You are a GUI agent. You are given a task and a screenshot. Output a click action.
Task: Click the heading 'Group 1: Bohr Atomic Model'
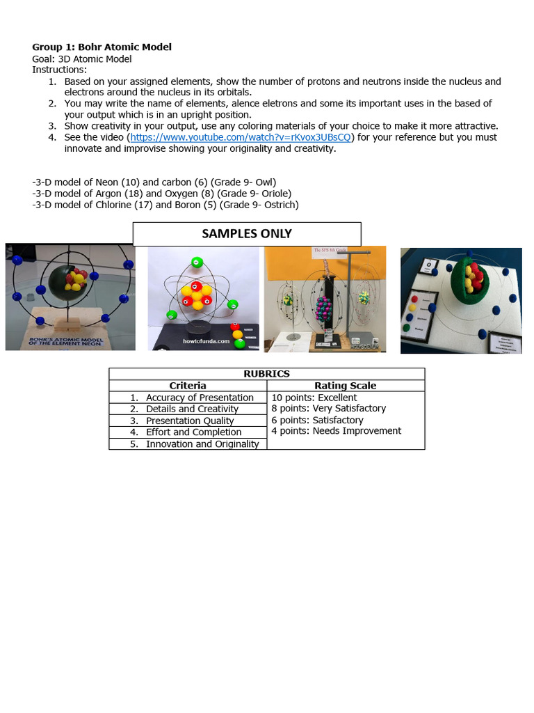coord(102,47)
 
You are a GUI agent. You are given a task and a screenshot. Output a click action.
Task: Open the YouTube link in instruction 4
coord(241,137)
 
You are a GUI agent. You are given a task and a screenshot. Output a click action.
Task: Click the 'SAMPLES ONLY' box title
coord(247,234)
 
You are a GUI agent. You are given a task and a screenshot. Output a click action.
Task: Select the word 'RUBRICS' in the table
coord(266,374)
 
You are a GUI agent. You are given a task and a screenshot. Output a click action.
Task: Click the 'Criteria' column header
coord(188,386)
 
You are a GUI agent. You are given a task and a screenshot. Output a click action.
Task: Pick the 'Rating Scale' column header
coord(346,386)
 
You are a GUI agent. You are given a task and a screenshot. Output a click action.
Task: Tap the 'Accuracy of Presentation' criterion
coord(200,398)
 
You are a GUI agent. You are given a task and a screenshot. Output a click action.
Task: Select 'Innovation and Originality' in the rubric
coord(202,444)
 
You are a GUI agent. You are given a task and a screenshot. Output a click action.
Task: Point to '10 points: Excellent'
coord(314,398)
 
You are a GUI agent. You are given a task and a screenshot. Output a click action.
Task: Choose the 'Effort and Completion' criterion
coord(193,432)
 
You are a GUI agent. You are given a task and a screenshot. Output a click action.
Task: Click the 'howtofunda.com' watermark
coord(206,342)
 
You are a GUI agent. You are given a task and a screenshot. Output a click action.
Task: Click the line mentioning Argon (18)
coord(161,194)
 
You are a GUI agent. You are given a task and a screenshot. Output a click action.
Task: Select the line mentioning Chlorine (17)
coord(165,205)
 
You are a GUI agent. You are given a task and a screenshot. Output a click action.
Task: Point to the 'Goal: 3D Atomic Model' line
coord(82,59)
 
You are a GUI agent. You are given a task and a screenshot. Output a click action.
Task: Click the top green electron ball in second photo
coord(197,263)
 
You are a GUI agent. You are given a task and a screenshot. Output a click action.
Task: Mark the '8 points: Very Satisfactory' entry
coord(328,409)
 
